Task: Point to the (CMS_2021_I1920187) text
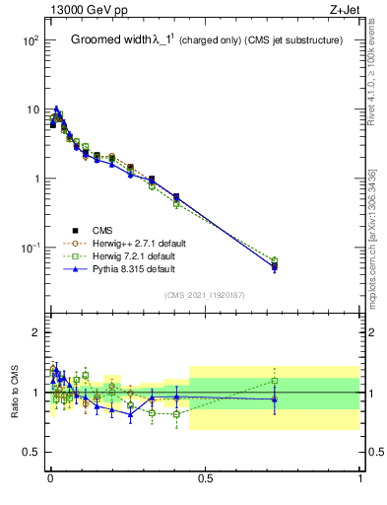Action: (205, 294)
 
